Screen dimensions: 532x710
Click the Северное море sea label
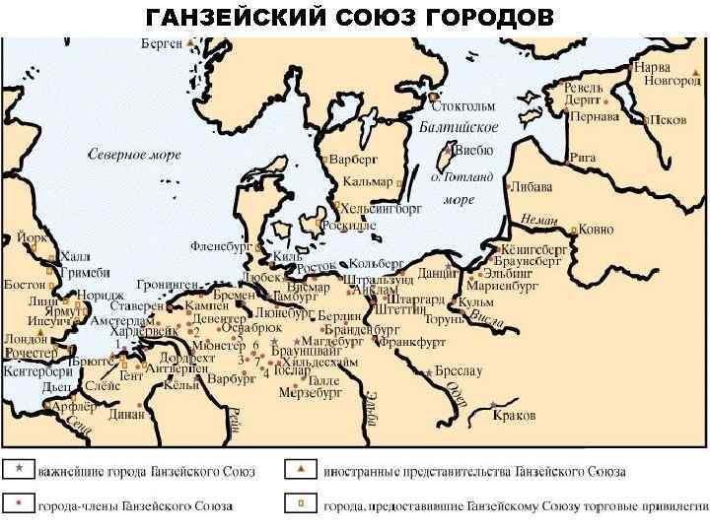[x=129, y=155]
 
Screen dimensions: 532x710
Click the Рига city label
[x=582, y=157]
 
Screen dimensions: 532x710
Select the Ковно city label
[x=596, y=229]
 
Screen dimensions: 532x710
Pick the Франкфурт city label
[x=411, y=342]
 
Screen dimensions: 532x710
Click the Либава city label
[x=531, y=186]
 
